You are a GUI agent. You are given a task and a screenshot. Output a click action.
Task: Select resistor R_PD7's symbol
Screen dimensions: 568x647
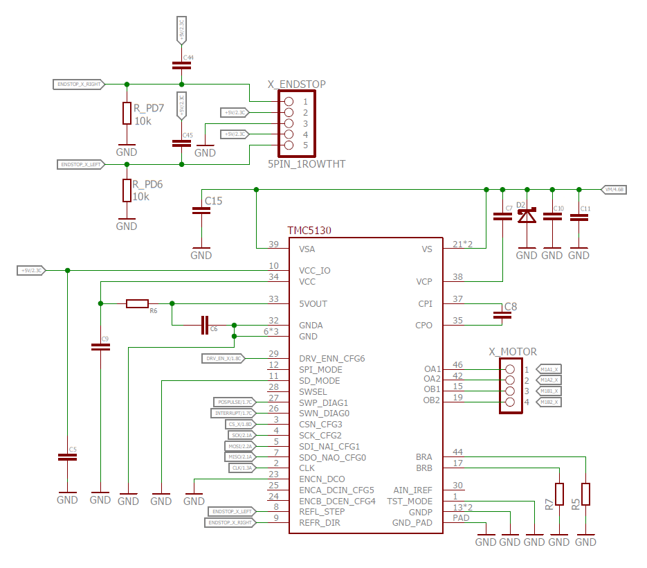click(x=127, y=113)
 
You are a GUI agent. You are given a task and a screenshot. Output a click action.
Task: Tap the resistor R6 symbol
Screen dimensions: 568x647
click(x=137, y=303)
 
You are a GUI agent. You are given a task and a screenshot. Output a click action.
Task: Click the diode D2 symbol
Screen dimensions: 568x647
click(x=527, y=216)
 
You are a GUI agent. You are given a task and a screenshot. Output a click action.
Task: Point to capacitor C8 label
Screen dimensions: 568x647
click(x=511, y=306)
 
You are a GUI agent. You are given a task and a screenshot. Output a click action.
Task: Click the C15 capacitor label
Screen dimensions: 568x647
click(x=213, y=201)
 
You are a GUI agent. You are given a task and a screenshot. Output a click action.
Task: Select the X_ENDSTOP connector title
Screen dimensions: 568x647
click(x=296, y=85)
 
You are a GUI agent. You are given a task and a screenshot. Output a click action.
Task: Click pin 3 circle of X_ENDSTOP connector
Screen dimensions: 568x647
click(x=289, y=123)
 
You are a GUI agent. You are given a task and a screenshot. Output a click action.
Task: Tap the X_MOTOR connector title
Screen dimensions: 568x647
click(x=513, y=352)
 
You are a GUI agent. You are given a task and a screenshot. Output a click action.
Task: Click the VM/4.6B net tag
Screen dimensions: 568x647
click(x=614, y=189)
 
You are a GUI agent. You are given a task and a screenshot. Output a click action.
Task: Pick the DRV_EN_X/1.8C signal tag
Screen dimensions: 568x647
click(x=223, y=358)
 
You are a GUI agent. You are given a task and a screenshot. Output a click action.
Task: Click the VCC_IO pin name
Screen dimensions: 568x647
click(x=315, y=270)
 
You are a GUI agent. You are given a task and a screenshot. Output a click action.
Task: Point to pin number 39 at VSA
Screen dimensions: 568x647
click(x=274, y=245)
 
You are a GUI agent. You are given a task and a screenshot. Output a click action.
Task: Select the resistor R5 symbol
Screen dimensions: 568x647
click(x=585, y=494)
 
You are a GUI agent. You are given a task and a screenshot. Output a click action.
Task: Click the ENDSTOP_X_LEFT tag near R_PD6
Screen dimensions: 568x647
click(x=80, y=164)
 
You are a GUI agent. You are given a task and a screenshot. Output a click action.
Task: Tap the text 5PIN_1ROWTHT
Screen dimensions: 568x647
click(x=307, y=164)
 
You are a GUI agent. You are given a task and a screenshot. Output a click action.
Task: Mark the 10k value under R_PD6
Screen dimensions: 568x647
click(x=142, y=196)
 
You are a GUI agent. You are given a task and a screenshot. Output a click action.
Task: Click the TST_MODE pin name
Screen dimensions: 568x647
click(x=409, y=501)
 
